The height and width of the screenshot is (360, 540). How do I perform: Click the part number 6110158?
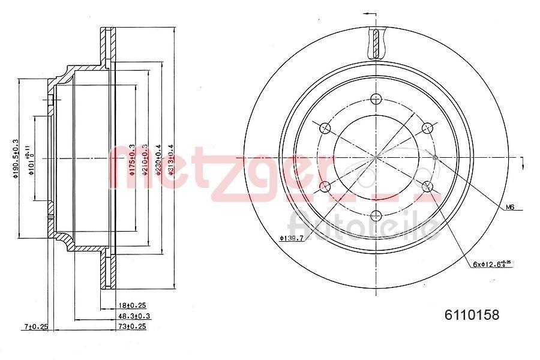pyautogui.click(x=471, y=314)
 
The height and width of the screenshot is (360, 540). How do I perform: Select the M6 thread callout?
pyautogui.click(x=510, y=207)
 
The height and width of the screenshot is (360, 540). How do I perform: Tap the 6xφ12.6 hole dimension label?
pyautogui.click(x=492, y=263)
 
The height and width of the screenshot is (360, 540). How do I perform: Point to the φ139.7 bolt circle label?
pyautogui.click(x=291, y=239)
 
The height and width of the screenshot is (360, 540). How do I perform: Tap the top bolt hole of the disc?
pyautogui.click(x=376, y=99)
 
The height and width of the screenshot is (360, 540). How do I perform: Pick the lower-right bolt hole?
pyautogui.click(x=427, y=186)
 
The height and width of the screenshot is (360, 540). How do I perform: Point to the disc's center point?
pyautogui.click(x=376, y=157)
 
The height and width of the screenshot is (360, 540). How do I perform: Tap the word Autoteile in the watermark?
pyautogui.click(x=363, y=227)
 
